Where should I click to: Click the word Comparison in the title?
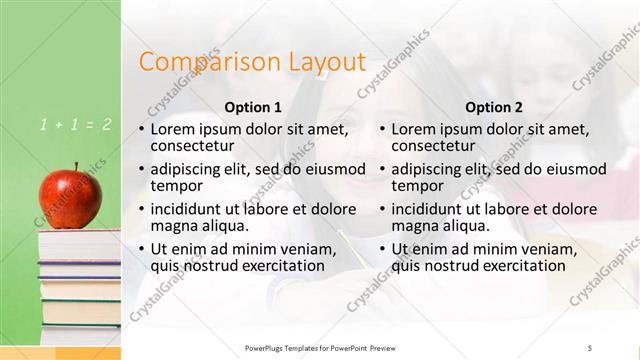tap(197, 62)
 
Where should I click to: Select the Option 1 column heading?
tap(253, 107)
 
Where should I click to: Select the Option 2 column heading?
tap(494, 107)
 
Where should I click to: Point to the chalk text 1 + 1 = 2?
tap(76, 125)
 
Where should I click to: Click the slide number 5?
tap(590, 347)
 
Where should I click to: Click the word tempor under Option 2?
tap(412, 185)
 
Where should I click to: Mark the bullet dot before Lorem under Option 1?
tap(141, 130)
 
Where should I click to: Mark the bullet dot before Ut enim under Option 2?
tap(382, 250)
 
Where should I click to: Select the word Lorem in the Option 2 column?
tap(415, 129)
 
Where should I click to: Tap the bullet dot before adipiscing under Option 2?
tap(382, 170)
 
